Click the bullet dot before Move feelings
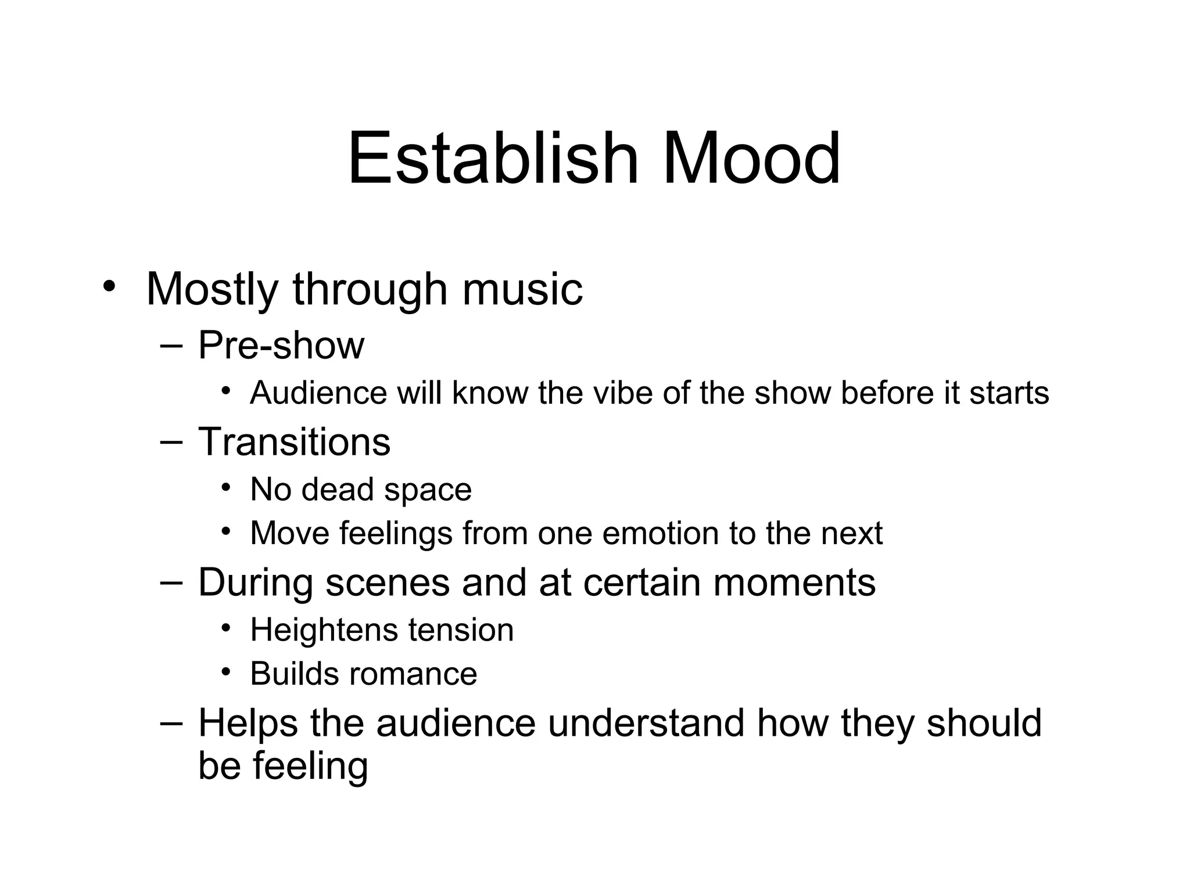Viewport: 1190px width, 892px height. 226,530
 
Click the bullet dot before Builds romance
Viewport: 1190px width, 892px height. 226,671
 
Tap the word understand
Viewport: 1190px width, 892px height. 646,723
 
